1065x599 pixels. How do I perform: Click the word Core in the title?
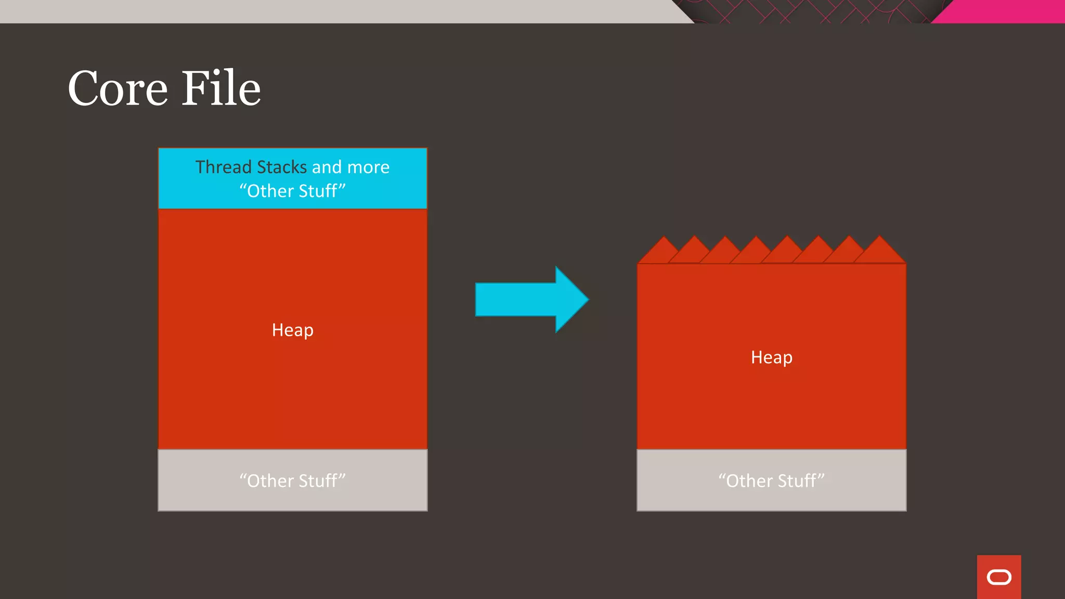(x=118, y=88)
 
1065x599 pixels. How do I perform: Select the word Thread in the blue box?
(x=224, y=167)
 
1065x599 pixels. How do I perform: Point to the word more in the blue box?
(x=368, y=167)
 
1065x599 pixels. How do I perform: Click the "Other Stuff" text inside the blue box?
(x=292, y=191)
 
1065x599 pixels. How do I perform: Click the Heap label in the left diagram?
(x=292, y=330)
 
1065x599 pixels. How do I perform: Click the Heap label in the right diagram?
(x=771, y=358)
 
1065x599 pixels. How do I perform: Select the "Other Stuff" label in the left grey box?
(x=292, y=481)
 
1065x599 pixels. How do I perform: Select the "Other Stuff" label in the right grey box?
(x=771, y=481)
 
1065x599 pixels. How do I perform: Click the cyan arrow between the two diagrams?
(x=520, y=299)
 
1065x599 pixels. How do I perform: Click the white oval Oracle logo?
(x=999, y=577)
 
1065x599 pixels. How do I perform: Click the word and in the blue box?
(x=327, y=167)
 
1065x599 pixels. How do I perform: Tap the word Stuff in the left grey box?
(x=317, y=481)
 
